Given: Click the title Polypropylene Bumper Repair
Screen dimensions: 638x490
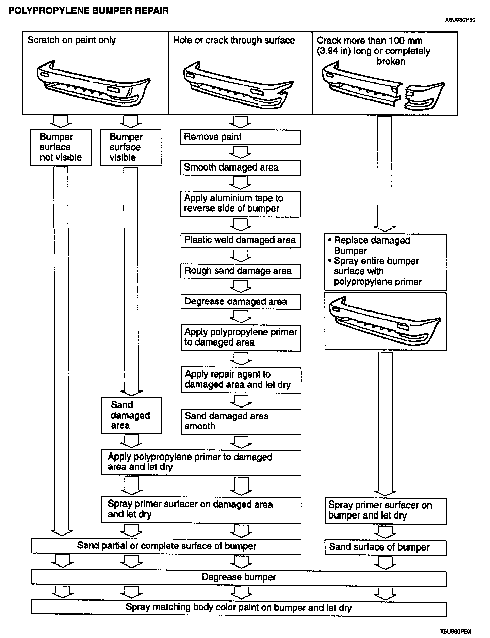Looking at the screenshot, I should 88,11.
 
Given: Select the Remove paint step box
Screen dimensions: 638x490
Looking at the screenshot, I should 240,137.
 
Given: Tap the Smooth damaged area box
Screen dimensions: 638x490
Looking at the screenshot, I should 240,168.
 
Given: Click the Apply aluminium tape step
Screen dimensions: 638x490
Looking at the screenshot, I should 240,204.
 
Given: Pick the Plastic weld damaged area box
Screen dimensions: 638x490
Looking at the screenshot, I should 240,240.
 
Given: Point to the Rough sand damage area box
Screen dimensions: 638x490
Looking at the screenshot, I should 240,271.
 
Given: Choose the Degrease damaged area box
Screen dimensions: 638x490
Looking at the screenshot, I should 240,302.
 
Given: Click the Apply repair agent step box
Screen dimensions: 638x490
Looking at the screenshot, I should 241,380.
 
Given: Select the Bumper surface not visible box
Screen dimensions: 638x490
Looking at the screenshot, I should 61,147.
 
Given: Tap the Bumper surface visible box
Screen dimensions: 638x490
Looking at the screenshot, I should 131,147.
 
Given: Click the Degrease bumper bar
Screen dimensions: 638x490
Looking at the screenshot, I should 239,577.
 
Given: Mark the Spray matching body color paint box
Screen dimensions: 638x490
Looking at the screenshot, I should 239,608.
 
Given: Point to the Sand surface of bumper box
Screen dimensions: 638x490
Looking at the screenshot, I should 385,547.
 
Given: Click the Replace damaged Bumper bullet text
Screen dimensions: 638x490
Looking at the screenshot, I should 372,245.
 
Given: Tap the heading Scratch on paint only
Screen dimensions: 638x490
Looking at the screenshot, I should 71,40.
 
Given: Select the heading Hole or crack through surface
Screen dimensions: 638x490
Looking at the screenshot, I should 234,40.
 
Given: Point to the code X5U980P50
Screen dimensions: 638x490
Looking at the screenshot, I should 460,20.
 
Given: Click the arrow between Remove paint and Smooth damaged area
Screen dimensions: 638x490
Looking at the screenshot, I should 240,152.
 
